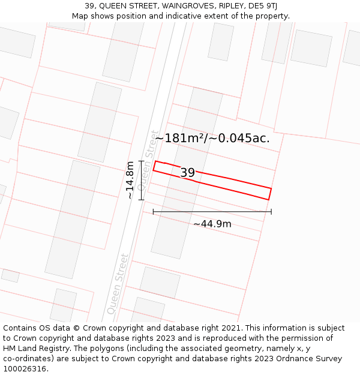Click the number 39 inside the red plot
[188, 173]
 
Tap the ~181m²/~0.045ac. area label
[212, 138]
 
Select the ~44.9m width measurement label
[212, 224]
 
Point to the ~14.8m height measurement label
[130, 180]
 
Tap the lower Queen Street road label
[118, 284]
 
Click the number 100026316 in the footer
[25, 368]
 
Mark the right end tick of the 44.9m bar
[271, 211]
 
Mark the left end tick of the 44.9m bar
[153, 211]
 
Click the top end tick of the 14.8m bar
[142, 161]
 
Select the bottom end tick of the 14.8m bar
[142, 200]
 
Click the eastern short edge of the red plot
[270, 194]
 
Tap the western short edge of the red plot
[154, 166]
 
